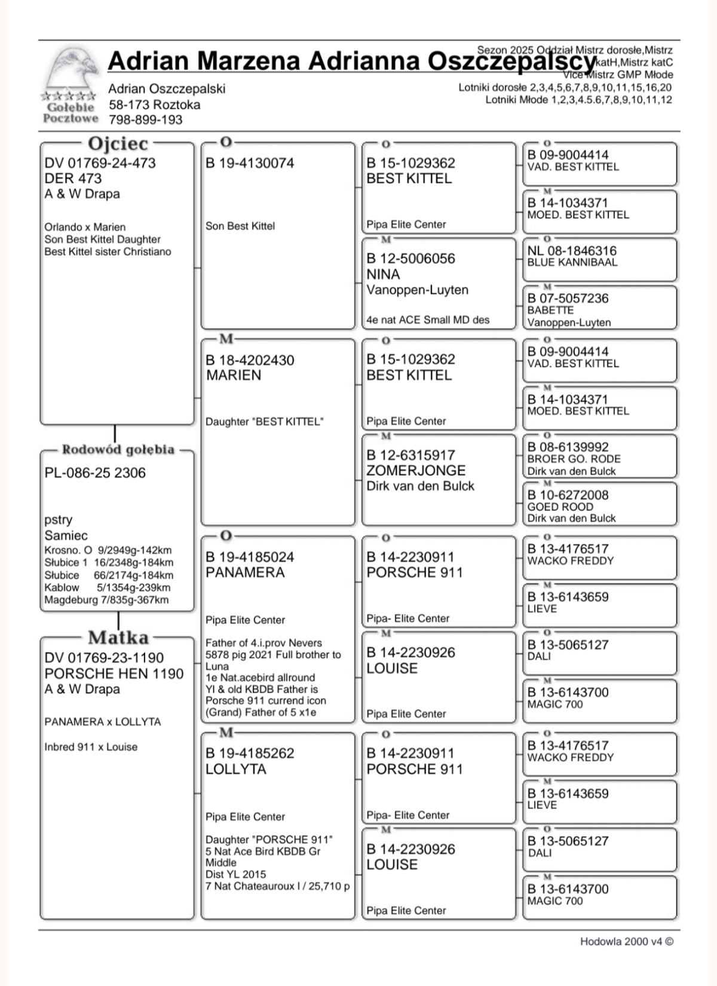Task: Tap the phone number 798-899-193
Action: click(x=145, y=120)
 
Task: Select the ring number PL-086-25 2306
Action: click(x=95, y=473)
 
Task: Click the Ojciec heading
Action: click(x=118, y=144)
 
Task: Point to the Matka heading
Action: click(x=118, y=638)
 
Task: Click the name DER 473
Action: click(x=73, y=178)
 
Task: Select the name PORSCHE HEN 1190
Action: click(x=114, y=673)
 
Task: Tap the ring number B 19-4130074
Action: click(x=250, y=163)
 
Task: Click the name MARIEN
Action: click(x=234, y=375)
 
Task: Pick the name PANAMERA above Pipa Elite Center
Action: click(x=245, y=572)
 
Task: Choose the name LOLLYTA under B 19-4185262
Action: click(x=236, y=769)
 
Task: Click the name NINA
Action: click(x=383, y=274)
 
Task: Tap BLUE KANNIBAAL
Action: click(x=572, y=262)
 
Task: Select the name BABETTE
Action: click(x=550, y=310)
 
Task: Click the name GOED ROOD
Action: click(x=560, y=507)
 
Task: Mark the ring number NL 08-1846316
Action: click(x=572, y=251)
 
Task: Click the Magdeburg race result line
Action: click(x=106, y=600)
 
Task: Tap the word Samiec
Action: click(x=66, y=535)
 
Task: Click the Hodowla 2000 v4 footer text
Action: click(x=626, y=942)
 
